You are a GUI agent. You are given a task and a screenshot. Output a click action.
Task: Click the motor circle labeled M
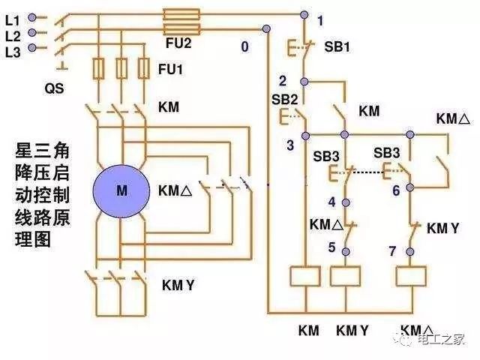tap(121, 190)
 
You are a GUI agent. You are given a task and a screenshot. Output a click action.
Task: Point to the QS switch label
tap(54, 88)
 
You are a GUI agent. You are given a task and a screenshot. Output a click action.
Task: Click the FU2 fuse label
tap(179, 43)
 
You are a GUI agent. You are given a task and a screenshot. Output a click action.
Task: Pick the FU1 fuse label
tap(170, 68)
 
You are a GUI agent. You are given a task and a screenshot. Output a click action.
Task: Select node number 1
tap(320, 22)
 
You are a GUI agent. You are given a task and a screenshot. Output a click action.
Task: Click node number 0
tap(244, 46)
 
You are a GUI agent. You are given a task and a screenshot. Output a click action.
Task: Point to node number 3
tap(289, 145)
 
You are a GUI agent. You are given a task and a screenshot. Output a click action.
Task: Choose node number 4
tap(331, 201)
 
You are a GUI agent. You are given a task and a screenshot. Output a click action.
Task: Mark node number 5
tap(331, 247)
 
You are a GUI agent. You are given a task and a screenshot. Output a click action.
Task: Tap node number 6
tap(397, 190)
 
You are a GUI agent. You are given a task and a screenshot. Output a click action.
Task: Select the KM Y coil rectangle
tap(346, 277)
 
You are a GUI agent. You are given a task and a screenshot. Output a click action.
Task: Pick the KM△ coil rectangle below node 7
tap(411, 277)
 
